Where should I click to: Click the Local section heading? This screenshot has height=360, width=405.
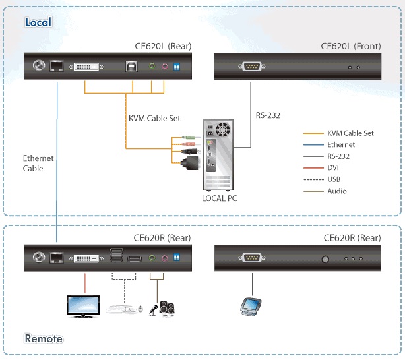38,22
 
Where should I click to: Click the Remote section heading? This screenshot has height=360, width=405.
44,339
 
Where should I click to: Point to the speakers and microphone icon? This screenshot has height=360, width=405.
163,307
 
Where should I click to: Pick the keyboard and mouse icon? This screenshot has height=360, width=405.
125,307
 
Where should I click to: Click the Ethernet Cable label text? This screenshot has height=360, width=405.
38,164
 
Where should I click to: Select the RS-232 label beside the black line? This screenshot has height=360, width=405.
268,115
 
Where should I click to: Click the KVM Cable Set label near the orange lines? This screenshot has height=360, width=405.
154,119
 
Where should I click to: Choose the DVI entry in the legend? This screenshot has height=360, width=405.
334,168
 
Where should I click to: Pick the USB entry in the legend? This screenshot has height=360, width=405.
334,179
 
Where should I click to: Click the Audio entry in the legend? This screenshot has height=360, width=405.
336,191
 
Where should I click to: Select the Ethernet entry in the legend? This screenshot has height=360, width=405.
340,144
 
